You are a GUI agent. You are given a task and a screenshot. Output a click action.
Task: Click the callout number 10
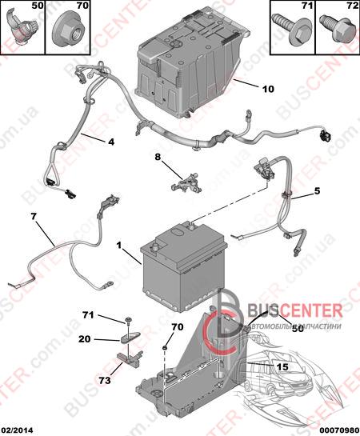click(268, 89)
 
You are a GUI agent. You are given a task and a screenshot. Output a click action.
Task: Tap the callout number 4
click(111, 142)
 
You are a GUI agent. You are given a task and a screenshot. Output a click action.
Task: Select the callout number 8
click(158, 157)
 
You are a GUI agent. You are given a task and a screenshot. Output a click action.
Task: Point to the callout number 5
click(317, 191)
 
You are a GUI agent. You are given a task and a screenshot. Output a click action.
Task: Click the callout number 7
click(34, 216)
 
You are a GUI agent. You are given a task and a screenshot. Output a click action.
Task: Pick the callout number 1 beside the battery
click(119, 246)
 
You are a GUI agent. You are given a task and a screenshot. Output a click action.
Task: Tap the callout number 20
click(84, 339)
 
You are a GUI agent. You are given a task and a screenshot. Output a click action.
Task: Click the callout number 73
click(105, 380)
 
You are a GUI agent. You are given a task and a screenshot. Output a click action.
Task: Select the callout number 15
click(282, 367)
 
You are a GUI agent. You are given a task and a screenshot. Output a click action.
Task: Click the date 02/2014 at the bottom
click(17, 430)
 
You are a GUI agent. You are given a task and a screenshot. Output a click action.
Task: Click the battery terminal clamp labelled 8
click(186, 182)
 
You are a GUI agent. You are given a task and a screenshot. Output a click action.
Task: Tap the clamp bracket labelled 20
click(130, 337)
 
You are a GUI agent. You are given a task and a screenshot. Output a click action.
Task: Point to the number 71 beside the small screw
click(88, 315)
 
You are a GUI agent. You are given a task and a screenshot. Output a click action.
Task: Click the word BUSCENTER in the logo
click(295, 310)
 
